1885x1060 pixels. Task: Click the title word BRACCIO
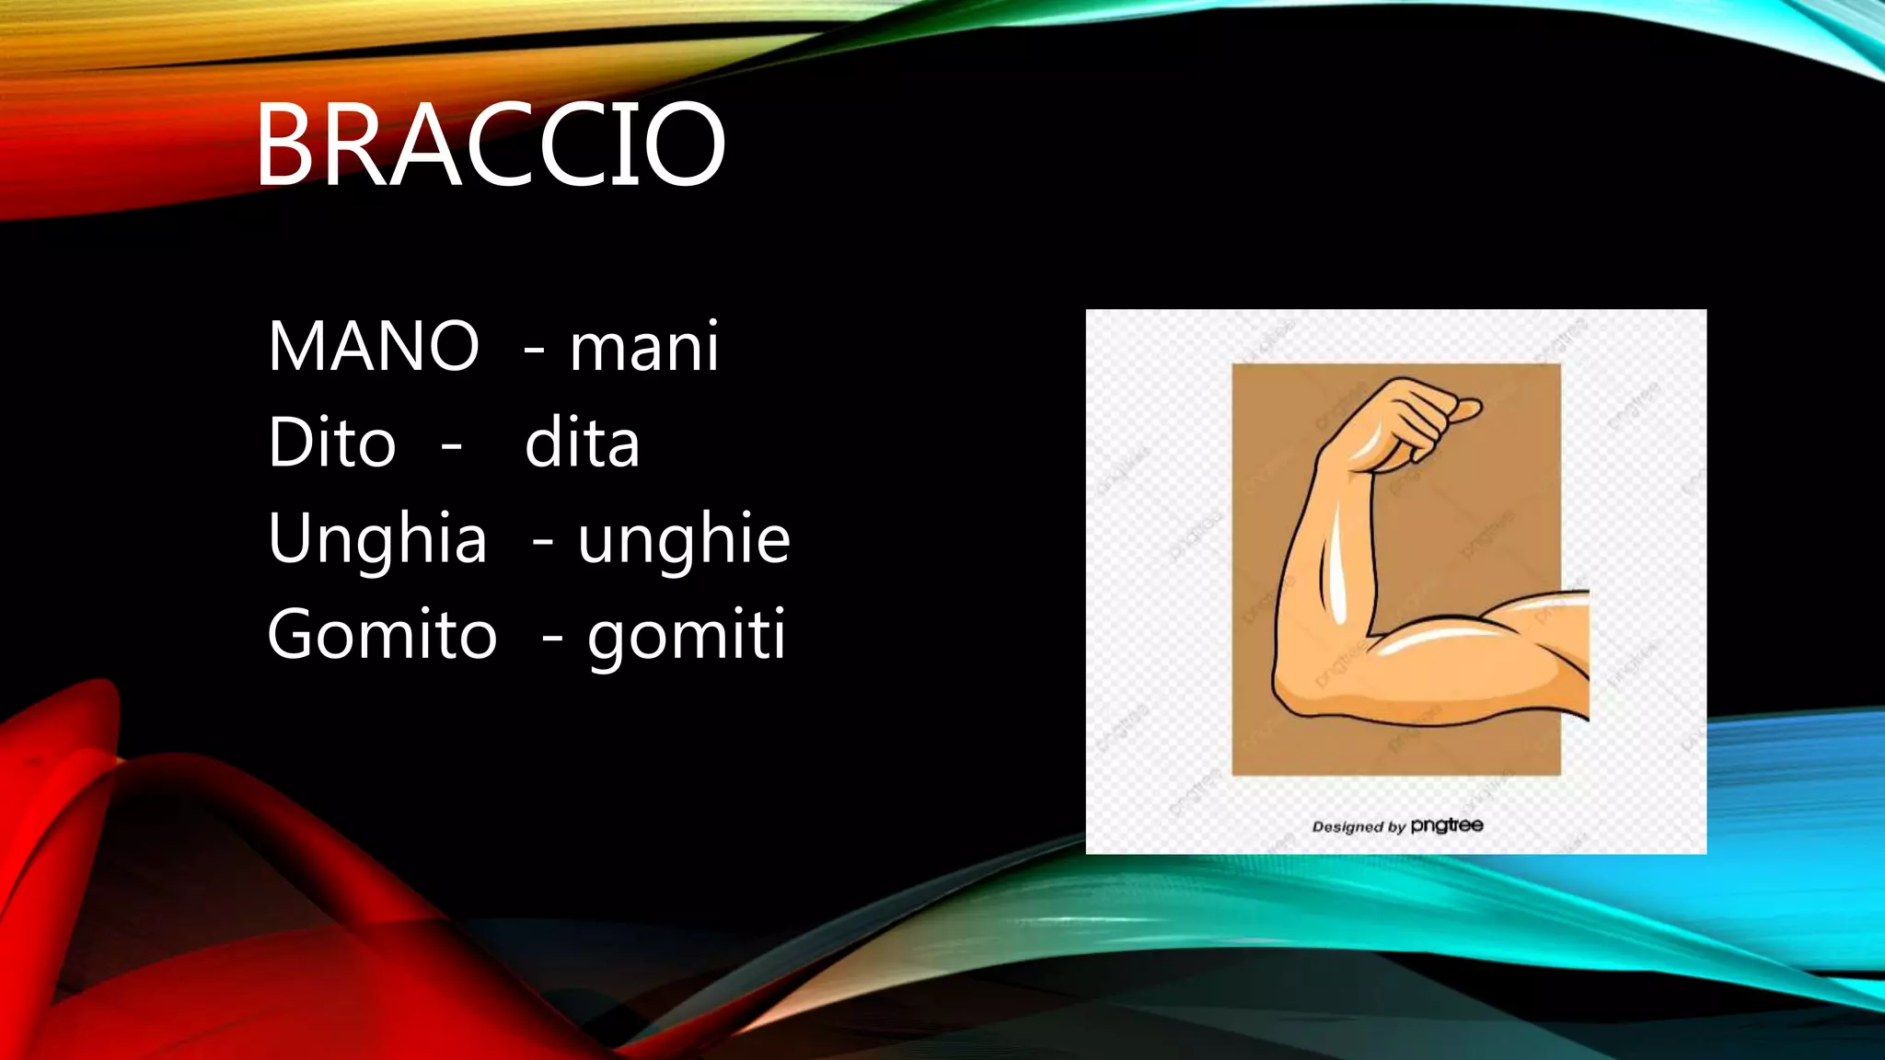pyautogui.click(x=490, y=145)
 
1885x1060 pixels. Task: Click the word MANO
pyautogui.click(x=374, y=347)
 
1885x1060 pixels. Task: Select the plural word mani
pyautogui.click(x=644, y=347)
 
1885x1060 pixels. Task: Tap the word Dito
pyautogui.click(x=331, y=443)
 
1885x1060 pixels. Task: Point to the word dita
pyautogui.click(x=582, y=443)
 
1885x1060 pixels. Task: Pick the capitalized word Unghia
pyautogui.click(x=377, y=538)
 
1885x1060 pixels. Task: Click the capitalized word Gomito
pyautogui.click(x=382, y=634)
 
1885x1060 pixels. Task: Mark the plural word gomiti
pyautogui.click(x=687, y=636)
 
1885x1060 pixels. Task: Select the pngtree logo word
pyautogui.click(x=1447, y=825)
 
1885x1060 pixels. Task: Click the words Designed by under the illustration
pyautogui.click(x=1359, y=826)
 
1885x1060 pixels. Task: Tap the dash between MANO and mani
pyautogui.click(x=534, y=350)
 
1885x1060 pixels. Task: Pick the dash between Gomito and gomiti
pyautogui.click(x=552, y=637)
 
